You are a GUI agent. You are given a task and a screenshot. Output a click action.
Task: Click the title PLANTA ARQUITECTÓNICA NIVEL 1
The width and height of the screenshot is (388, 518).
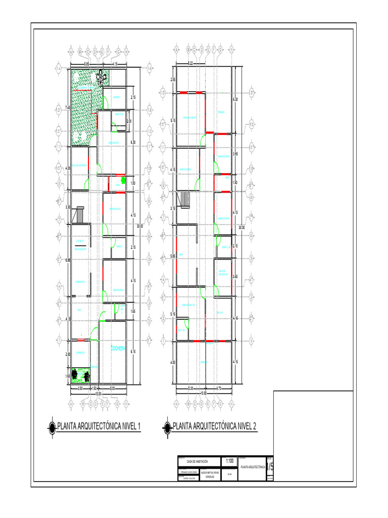99,426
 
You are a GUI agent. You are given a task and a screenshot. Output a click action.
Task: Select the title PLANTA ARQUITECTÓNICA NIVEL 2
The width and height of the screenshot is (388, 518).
215,426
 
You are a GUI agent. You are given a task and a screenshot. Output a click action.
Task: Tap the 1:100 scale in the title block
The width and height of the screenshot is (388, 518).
230,461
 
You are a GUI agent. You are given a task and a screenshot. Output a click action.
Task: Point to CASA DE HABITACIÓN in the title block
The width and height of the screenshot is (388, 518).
197,461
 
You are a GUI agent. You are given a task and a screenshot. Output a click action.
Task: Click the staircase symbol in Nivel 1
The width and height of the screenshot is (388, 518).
79,215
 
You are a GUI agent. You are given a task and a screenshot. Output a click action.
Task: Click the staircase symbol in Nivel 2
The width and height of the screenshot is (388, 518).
185,199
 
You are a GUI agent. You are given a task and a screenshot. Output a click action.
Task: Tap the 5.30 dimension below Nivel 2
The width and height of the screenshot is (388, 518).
190,388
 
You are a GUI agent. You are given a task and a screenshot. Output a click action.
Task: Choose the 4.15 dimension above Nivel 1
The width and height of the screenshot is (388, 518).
115,64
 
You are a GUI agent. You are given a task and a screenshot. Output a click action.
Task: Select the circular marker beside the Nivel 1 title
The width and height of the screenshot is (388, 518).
52,427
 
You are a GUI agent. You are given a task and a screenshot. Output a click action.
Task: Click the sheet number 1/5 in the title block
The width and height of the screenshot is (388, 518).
271,465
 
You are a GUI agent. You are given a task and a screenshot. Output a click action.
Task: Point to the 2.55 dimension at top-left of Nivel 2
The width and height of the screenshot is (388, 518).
173,79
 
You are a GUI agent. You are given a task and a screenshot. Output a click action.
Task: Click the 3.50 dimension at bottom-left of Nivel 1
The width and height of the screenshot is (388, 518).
80,388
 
